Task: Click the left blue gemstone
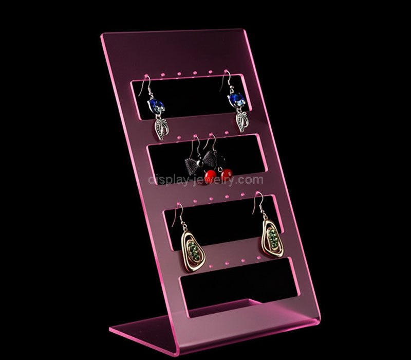pyautogui.click(x=156, y=105)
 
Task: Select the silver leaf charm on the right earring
pyautogui.click(x=241, y=121)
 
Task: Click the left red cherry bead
pyautogui.click(x=211, y=176)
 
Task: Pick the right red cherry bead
pyautogui.click(x=227, y=174)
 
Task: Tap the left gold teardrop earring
pyautogui.click(x=193, y=251)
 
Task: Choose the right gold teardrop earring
pyautogui.click(x=272, y=238)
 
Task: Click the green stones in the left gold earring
pyautogui.click(x=194, y=250)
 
